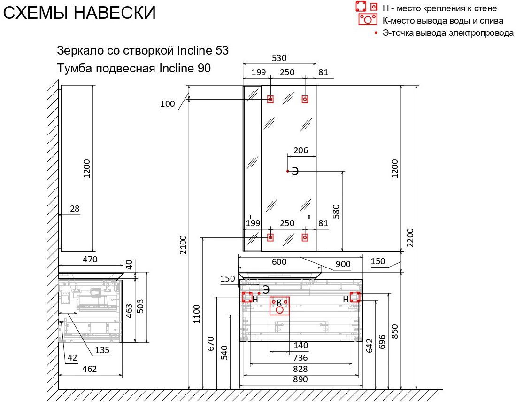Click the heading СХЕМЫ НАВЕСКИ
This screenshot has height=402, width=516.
[x=79, y=13]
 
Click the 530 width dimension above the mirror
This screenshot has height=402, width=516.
[x=279, y=58]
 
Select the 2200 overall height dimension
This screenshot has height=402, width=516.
[x=410, y=237]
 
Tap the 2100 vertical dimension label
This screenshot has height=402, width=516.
[x=183, y=245]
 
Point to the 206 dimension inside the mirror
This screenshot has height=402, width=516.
[x=300, y=150]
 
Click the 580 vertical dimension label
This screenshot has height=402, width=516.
[x=336, y=212]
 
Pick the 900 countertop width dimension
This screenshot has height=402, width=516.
[x=343, y=264]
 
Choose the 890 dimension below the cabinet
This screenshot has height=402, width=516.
[x=300, y=379]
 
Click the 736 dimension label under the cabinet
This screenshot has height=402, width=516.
[x=300, y=357]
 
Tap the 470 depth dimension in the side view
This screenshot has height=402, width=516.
[x=90, y=260]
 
